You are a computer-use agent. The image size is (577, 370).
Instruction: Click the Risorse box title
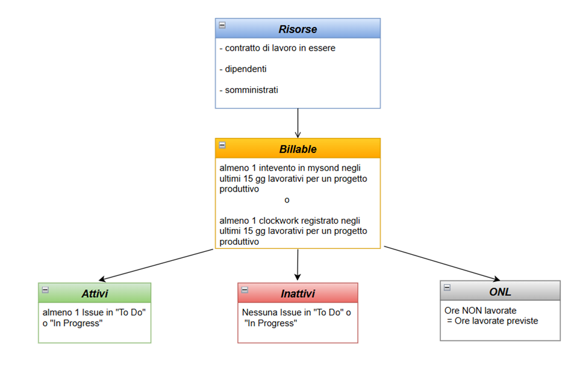(x=298, y=29)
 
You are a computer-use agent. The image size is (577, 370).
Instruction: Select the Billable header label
(x=298, y=149)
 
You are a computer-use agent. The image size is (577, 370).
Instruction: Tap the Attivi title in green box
(x=95, y=293)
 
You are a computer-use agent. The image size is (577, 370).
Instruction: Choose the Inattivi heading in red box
(x=298, y=293)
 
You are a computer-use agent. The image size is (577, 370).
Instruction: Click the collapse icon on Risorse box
(x=222, y=25)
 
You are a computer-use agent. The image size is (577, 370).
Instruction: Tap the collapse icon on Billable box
(x=222, y=145)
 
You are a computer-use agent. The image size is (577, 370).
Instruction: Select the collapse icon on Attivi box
(x=45, y=290)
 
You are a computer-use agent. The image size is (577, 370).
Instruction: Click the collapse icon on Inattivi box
(x=245, y=290)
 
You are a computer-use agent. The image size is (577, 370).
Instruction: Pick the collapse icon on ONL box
(x=447, y=287)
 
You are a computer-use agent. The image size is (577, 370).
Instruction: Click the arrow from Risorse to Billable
(x=298, y=123)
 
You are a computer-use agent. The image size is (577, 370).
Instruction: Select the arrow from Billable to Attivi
(x=157, y=265)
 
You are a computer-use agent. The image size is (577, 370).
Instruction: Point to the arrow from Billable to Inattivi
(x=298, y=265)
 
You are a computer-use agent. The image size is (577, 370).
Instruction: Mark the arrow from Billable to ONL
(x=442, y=263)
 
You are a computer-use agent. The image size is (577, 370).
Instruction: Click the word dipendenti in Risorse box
(x=246, y=69)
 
